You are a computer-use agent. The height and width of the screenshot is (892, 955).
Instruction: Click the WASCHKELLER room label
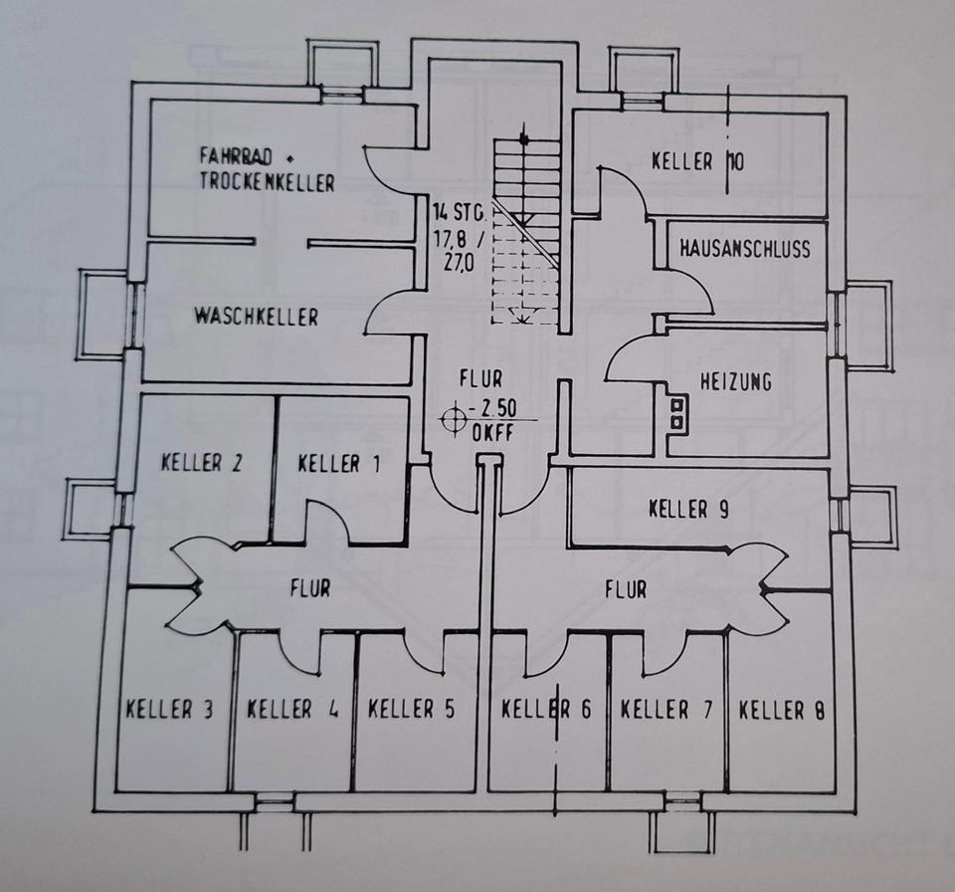coord(256,317)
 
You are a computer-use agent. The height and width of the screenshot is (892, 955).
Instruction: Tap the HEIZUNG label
coord(736,381)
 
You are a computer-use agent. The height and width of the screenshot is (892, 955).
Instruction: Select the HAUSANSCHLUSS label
coord(745,249)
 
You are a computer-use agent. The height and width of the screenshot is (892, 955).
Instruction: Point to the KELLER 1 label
coord(339,465)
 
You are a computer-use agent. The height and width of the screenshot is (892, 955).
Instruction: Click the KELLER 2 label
coord(202,463)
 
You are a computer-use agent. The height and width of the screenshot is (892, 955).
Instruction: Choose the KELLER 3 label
coord(169,710)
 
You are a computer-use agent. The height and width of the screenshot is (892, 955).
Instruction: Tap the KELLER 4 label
coord(292,710)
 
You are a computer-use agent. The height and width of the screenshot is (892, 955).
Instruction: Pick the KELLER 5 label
coord(412,709)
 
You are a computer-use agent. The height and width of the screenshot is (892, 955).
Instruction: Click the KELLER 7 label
coord(666,710)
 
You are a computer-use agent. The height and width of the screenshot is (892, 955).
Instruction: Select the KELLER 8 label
coord(782,710)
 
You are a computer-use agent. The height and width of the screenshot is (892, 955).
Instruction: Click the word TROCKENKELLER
coord(268,182)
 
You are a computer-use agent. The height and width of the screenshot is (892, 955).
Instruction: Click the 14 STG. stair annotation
coord(459,213)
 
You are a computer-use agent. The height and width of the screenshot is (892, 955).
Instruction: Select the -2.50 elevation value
coord(492,408)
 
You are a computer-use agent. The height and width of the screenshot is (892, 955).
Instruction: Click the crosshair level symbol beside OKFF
coord(453,418)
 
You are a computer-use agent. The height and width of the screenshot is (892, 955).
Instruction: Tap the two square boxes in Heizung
coord(677,413)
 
